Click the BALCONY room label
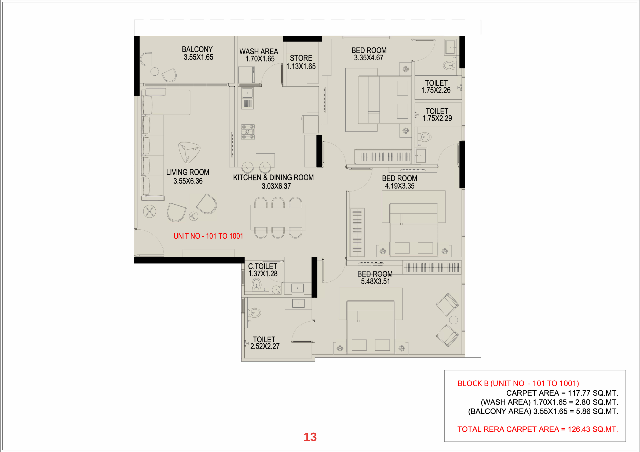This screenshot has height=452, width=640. click(197, 49)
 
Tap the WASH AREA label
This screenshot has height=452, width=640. click(259, 52)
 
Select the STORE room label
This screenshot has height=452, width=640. click(301, 58)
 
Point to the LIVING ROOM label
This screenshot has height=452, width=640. click(188, 172)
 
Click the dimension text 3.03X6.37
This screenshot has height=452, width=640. click(276, 186)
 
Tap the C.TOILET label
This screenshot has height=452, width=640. click(263, 266)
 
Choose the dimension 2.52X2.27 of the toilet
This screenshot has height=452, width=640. click(265, 346)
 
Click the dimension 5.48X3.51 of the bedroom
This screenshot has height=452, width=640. click(375, 281)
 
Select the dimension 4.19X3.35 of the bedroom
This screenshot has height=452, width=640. click(400, 186)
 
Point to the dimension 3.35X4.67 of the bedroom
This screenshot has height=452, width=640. click(368, 58)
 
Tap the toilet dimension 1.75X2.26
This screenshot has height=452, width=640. click(436, 90)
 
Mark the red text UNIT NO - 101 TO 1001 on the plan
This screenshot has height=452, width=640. click(208, 236)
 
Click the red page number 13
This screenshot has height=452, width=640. click(310, 437)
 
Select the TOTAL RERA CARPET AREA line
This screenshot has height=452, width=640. click(537, 429)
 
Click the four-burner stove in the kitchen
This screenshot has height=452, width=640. click(248, 131)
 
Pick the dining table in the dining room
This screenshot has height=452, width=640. click(278, 217)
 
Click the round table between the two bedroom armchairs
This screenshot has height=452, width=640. click(454, 320)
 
